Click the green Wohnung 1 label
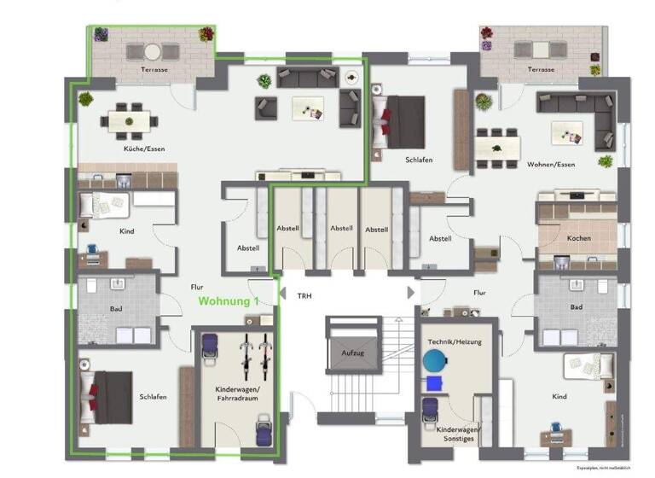pyautogui.click(x=229, y=301)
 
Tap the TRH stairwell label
pyautogui.click(x=304, y=295)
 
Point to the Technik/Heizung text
pyautogui.click(x=455, y=341)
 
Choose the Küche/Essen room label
pyautogui.click(x=143, y=149)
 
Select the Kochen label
pyautogui.click(x=579, y=238)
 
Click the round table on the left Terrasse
pyautogui.click(x=150, y=50)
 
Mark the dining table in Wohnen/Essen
pyautogui.click(x=497, y=147)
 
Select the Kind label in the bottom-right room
pyautogui.click(x=559, y=396)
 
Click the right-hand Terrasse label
pyautogui.click(x=542, y=69)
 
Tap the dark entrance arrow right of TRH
pyautogui.click(x=412, y=292)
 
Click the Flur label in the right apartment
pyautogui.click(x=479, y=293)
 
